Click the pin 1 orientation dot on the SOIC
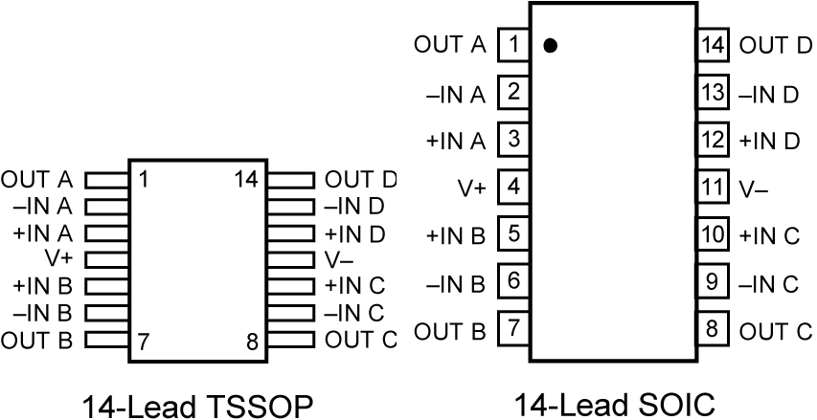(550, 45)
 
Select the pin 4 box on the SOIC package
(514, 187)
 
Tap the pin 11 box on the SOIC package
(711, 187)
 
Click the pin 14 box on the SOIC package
(711, 44)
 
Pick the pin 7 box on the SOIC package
(514, 329)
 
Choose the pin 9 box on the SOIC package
(711, 282)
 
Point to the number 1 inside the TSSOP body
(143, 179)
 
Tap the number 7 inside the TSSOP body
(143, 342)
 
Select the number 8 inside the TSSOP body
(252, 342)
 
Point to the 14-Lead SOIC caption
(614, 406)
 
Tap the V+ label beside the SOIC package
(471, 188)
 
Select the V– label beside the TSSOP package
(339, 259)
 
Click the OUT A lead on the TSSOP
(106, 179)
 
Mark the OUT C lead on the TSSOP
(290, 339)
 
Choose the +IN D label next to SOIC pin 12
(769, 140)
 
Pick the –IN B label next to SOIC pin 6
(456, 282)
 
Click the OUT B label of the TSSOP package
(37, 340)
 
